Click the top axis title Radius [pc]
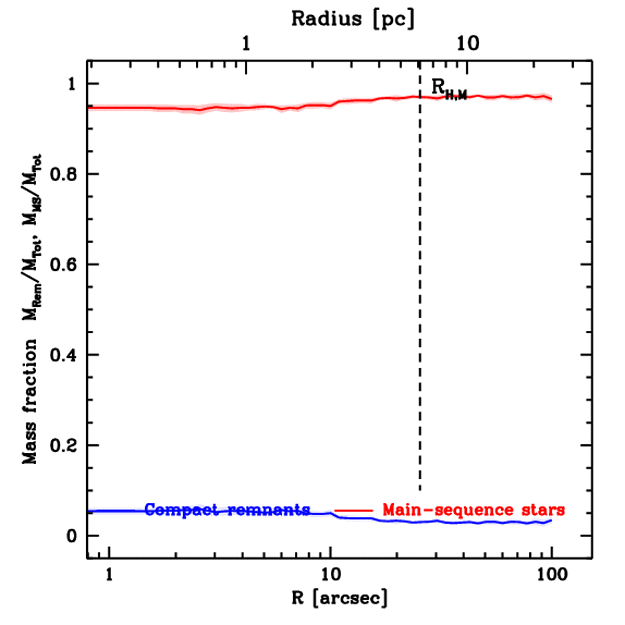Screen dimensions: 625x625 coord(353,18)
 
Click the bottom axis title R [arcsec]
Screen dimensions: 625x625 coord(330,598)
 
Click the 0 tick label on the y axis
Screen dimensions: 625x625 coord(73,536)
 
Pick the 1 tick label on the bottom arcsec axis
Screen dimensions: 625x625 coord(109,576)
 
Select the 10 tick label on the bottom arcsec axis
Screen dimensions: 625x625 coord(330,576)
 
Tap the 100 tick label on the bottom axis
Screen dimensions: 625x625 coord(551,576)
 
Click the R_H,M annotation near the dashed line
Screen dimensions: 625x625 coord(449,89)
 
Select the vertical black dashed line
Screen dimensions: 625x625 coord(420,305)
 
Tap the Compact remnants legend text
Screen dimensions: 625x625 coord(228,510)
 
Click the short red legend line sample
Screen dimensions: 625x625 coord(353,510)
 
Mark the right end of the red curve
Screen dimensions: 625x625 coord(551,99)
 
